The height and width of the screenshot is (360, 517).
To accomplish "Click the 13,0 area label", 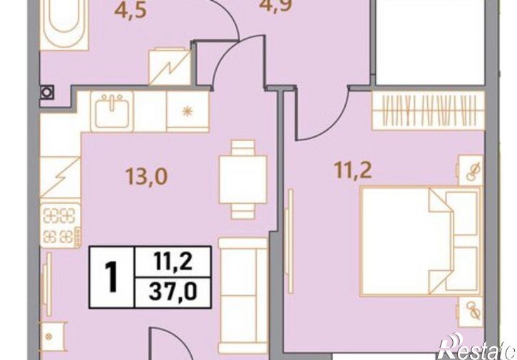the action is tap(147, 176).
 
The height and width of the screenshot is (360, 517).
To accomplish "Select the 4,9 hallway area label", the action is tap(275, 6).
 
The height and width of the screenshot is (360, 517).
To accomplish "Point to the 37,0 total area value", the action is tap(173, 292).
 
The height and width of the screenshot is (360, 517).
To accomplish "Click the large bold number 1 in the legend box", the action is tap(111, 277).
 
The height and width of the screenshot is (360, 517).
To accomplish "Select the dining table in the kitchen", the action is tap(243, 180).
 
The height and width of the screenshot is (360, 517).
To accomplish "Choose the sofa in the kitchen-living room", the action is tap(243, 295).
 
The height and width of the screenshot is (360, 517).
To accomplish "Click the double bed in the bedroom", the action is tap(421, 242).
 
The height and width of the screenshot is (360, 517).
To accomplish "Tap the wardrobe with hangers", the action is tap(429, 110).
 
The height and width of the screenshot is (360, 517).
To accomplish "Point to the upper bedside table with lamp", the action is tap(470, 170).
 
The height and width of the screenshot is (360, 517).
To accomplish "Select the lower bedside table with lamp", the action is tap(471, 312).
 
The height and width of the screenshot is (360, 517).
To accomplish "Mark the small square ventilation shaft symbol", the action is tap(47, 93).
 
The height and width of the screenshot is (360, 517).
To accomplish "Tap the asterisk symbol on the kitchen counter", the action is tap(188, 111).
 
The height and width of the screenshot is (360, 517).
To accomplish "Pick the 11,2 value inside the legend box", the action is tap(173, 262).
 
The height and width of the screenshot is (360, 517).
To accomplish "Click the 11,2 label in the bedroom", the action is tap(353, 171).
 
